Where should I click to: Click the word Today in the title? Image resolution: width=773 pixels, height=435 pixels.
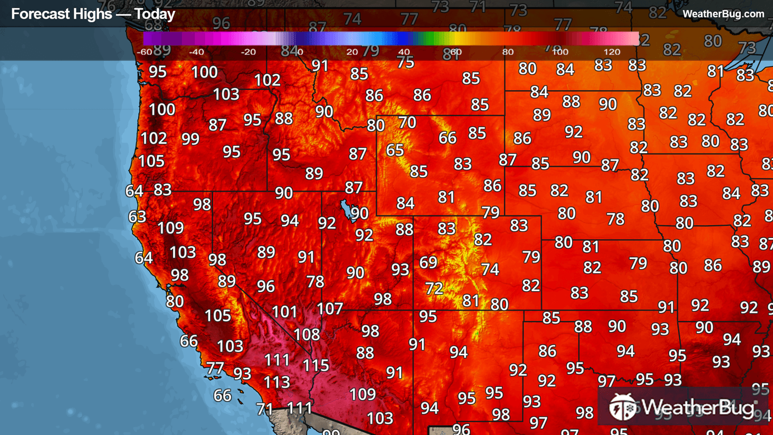(155, 14)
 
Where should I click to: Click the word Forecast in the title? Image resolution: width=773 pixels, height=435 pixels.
(36, 14)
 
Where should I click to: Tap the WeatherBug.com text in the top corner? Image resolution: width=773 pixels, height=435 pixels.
(723, 14)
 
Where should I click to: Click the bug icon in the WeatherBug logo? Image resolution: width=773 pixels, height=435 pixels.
(623, 407)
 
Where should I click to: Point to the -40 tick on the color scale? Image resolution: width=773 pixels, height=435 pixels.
(196, 52)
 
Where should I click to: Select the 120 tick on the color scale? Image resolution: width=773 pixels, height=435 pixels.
(612, 52)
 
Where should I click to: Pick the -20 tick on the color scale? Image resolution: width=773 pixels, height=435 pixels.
(248, 52)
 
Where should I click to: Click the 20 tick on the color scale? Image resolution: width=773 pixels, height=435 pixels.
(352, 52)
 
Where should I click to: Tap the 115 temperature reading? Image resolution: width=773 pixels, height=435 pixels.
(315, 365)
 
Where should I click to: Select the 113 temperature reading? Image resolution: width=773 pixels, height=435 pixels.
(277, 382)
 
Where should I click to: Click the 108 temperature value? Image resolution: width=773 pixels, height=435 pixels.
(307, 334)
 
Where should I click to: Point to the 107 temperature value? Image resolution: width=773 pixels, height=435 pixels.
(330, 308)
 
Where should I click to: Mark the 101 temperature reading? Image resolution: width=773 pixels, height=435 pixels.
(284, 312)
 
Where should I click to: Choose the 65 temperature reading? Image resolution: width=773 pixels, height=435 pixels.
(395, 150)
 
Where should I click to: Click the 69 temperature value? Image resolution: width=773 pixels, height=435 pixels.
(428, 262)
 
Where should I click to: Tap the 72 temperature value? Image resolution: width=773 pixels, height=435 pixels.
(434, 288)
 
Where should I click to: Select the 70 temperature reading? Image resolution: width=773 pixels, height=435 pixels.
(407, 122)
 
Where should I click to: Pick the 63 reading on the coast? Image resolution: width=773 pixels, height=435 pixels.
(137, 216)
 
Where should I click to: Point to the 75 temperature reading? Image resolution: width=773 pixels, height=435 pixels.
(406, 62)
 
